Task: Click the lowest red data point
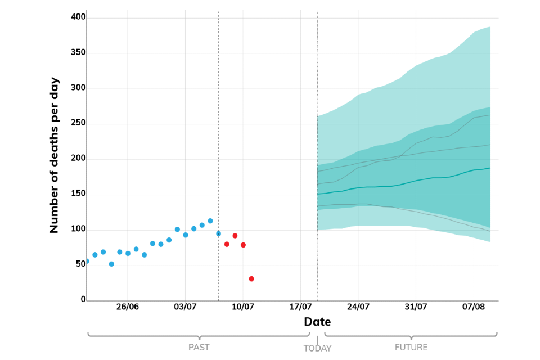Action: [x=251, y=279]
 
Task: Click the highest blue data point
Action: [x=210, y=221]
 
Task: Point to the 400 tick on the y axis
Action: [x=79, y=17]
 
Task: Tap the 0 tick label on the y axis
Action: [x=83, y=300]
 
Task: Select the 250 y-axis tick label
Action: [x=79, y=124]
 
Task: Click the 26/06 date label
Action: [x=128, y=307]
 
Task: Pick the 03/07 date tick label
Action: [x=186, y=307]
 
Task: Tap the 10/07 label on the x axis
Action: [x=243, y=307]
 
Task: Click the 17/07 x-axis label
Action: [x=301, y=307]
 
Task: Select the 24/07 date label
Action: [x=358, y=307]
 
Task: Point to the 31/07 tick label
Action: [x=416, y=307]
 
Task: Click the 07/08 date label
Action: [x=474, y=307]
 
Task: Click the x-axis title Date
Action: [x=317, y=322]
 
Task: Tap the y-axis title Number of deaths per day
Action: [x=55, y=155]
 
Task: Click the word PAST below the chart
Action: [x=199, y=347]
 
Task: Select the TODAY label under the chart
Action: [x=317, y=348]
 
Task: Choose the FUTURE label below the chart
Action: [x=411, y=347]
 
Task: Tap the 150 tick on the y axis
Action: [x=79, y=195]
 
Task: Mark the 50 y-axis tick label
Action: [x=80, y=264]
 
